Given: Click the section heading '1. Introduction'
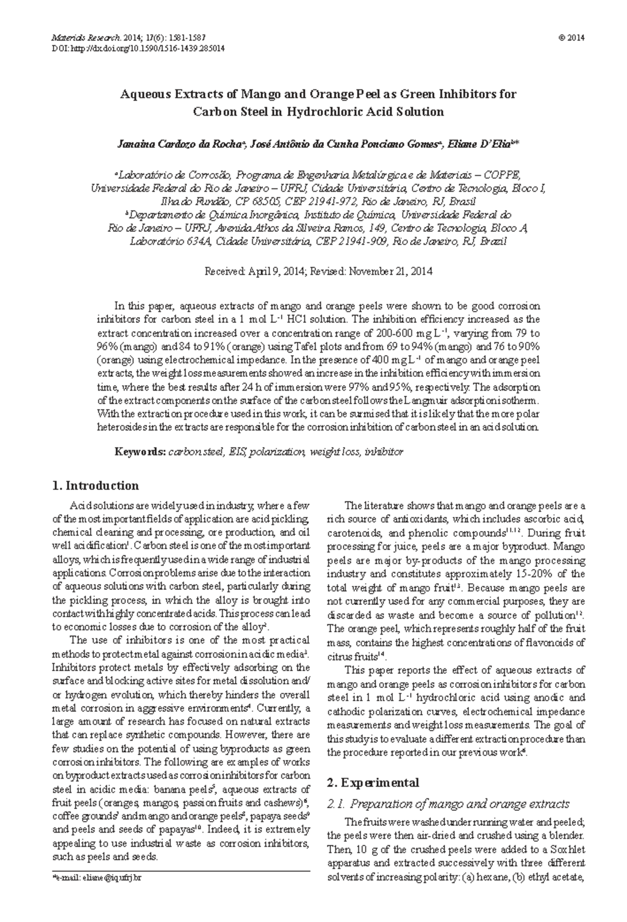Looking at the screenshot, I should tap(96, 486).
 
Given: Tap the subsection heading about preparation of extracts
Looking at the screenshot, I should tap(448, 804).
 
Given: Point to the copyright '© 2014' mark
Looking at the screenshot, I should tap(572, 38).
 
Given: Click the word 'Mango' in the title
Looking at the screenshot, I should tap(260, 95).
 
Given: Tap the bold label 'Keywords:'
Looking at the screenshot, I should tap(140, 452).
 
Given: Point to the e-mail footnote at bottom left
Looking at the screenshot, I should tap(97, 878).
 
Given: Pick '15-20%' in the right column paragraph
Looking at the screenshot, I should tap(522, 574).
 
